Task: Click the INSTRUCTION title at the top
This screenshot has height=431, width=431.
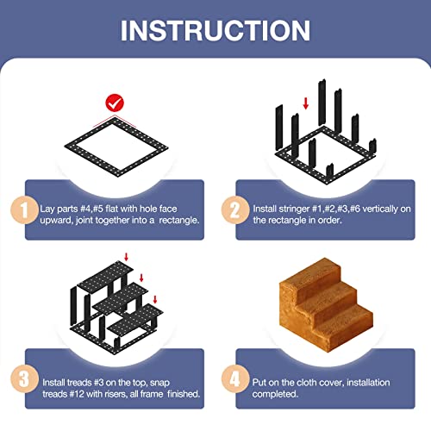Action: (x=215, y=30)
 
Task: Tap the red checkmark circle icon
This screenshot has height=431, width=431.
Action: (x=115, y=103)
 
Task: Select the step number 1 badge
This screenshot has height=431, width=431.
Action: (x=24, y=210)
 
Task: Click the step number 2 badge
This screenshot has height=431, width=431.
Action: (x=235, y=210)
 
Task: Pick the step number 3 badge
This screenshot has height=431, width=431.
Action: (x=24, y=379)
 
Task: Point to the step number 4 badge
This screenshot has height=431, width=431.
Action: (x=235, y=379)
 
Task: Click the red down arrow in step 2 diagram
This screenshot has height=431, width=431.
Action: (x=306, y=103)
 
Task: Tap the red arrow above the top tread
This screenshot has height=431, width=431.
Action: (x=126, y=257)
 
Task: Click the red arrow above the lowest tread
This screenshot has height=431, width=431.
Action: (x=155, y=299)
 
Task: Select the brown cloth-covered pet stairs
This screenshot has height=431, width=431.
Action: (x=326, y=304)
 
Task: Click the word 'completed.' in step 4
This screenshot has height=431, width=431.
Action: (x=275, y=394)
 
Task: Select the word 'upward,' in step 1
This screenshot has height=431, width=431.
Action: (x=56, y=221)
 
